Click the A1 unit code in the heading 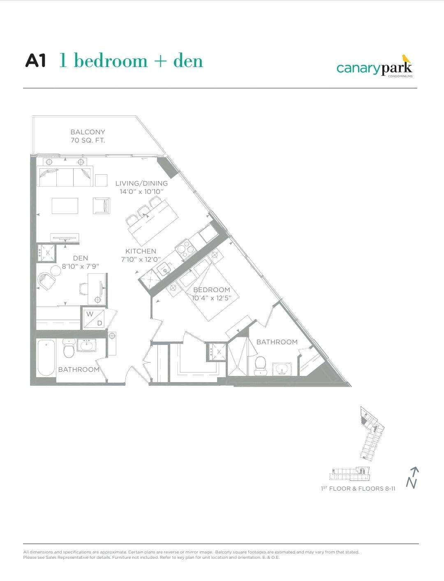35,61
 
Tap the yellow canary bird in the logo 406,59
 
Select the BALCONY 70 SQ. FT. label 88,136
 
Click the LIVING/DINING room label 141,183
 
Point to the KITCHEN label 141,251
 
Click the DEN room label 81,258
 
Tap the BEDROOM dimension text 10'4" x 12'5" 212,298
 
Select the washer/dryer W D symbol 94,319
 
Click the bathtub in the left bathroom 46,357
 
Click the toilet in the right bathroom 260,366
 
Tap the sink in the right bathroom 282,369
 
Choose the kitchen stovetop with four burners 185,249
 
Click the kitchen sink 166,270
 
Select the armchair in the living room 102,206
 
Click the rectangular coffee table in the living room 65,206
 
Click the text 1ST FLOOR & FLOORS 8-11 358,489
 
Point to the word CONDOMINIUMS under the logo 400,76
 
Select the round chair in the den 46,281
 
